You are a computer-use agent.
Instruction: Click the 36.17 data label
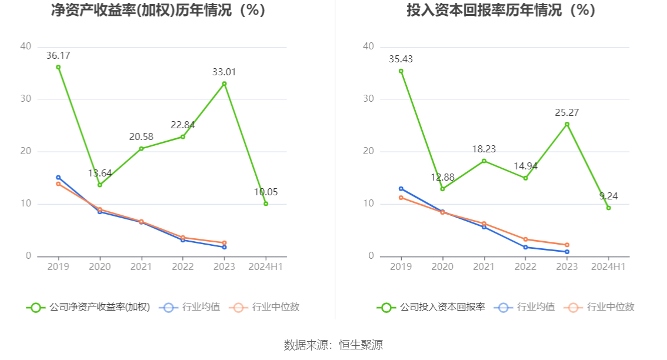click(58, 55)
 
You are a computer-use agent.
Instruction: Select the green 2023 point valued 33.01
click(224, 84)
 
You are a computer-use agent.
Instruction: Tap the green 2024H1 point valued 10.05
click(266, 204)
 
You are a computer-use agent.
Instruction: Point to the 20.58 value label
click(141, 136)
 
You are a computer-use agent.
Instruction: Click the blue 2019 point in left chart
click(58, 177)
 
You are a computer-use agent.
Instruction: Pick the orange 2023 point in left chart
click(224, 243)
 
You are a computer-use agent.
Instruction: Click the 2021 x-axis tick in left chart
click(141, 266)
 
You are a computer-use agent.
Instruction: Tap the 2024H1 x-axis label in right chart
click(608, 266)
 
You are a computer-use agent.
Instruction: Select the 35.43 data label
click(401, 59)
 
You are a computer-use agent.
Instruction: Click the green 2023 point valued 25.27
click(567, 124)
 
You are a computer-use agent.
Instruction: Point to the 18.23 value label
click(483, 149)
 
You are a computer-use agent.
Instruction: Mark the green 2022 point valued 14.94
click(525, 178)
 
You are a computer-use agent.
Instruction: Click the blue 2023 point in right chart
click(567, 252)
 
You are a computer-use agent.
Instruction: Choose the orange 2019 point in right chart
click(401, 198)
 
